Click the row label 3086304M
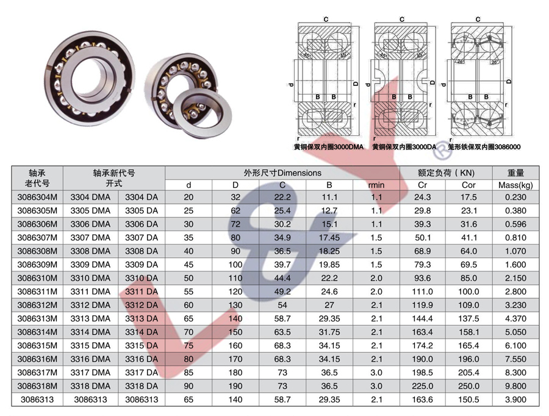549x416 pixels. tap(37, 197)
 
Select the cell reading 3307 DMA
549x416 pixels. tap(90, 238)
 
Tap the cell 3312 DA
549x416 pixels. tap(142, 305)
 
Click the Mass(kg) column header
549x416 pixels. tap(515, 185)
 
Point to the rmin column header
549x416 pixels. tap(376, 185)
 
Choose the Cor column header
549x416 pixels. tap(468, 185)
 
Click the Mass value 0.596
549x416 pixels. tap(515, 224)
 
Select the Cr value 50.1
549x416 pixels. tap(423, 238)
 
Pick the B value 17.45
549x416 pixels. tap(329, 238)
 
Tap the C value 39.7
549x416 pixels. tap(282, 265)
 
